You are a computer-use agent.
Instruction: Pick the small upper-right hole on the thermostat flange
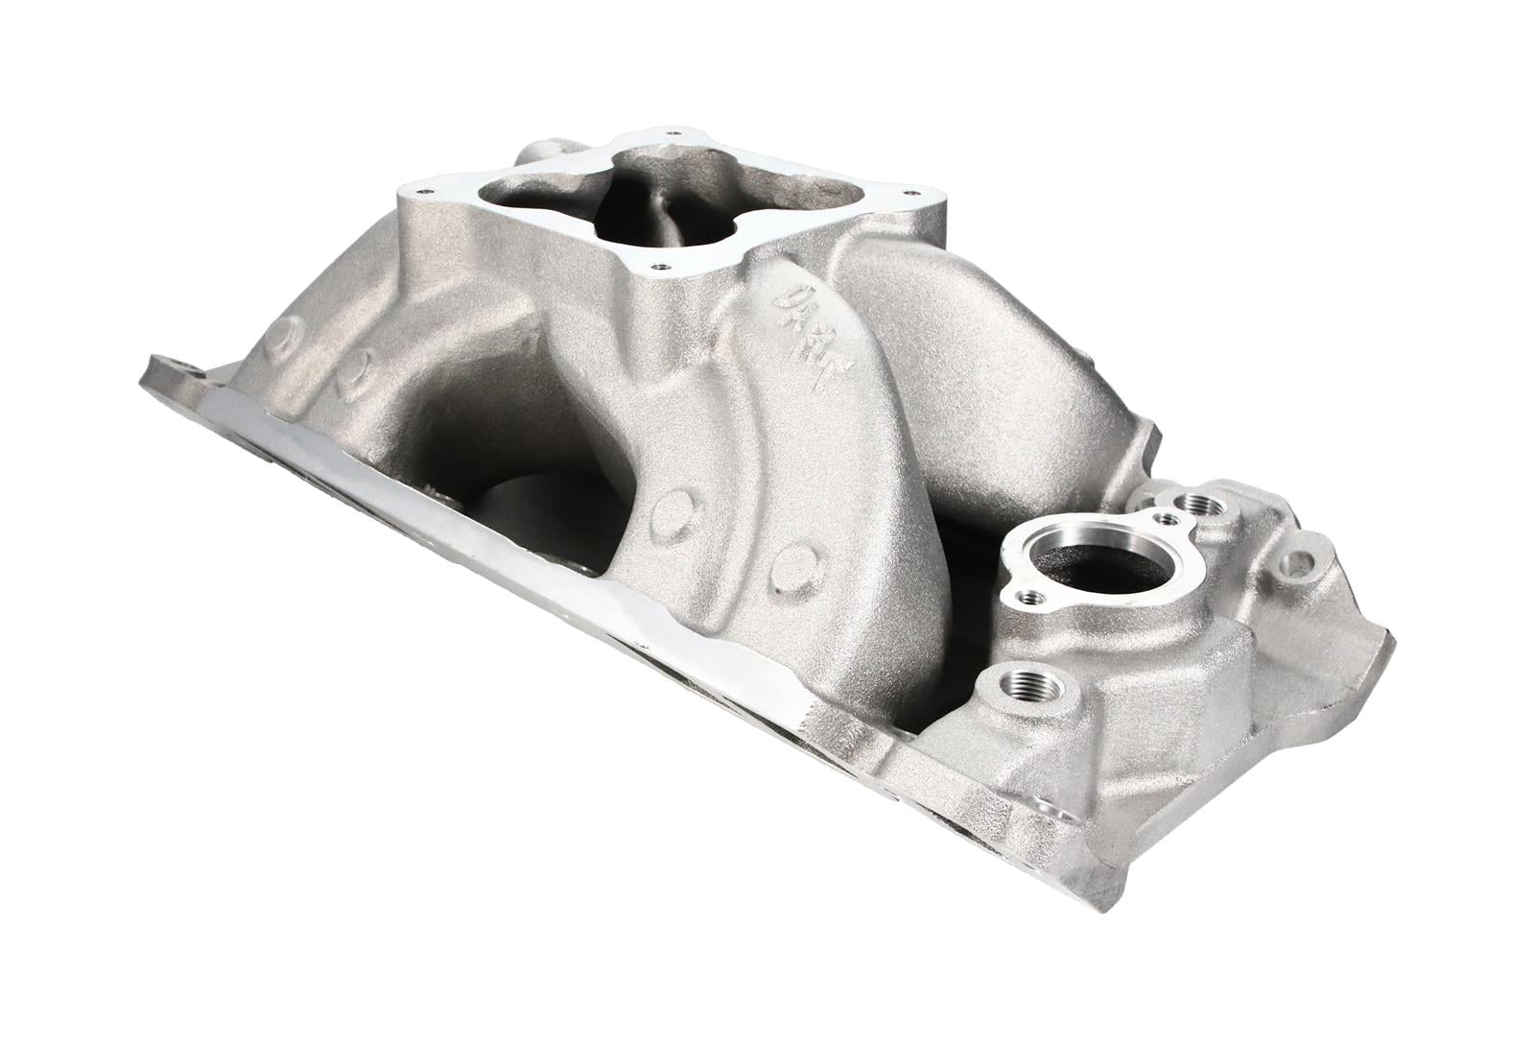pos(1166,518)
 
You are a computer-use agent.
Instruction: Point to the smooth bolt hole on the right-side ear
pos(1296,562)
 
